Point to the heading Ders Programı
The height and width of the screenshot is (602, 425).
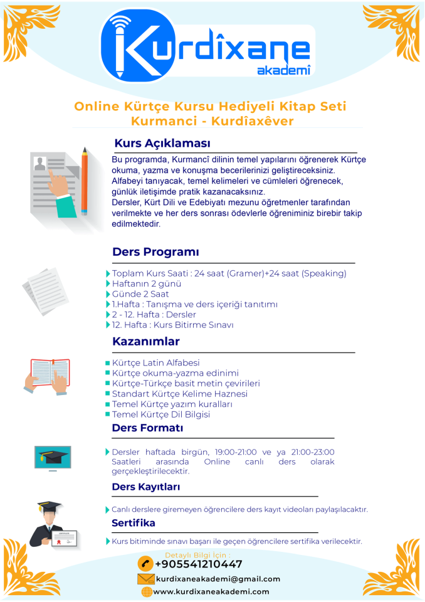click(x=155, y=252)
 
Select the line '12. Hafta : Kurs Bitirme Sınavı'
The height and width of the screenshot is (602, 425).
click(x=172, y=325)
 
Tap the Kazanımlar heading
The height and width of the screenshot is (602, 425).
click(x=145, y=342)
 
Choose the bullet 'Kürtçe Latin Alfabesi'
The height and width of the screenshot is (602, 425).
click(x=155, y=363)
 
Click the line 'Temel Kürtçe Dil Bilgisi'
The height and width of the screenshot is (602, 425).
click(x=160, y=415)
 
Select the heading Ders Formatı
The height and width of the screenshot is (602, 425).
click(x=147, y=428)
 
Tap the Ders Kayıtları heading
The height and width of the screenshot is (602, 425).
click(x=145, y=487)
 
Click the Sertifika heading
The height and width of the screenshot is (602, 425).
click(x=133, y=523)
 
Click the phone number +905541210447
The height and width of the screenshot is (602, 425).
click(x=198, y=564)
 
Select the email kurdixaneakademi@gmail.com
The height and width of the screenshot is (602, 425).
click(x=218, y=579)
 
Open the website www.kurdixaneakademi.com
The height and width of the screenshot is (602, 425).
click(x=211, y=591)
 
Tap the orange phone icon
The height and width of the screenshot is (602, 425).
click(x=145, y=564)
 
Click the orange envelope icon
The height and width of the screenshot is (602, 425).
click(x=145, y=579)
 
